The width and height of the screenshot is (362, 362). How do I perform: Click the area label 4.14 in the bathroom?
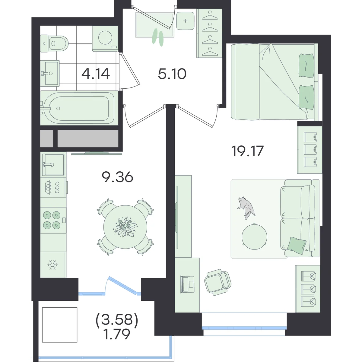click(x=95, y=74)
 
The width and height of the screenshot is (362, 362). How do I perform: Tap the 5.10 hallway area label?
click(x=172, y=74)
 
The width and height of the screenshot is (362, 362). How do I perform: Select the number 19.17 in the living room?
click(x=248, y=151)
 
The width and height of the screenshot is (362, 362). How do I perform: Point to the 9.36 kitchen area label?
click(x=117, y=177)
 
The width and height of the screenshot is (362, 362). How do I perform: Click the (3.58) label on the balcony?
click(x=117, y=320)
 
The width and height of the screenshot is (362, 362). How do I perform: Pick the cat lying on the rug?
click(x=246, y=208)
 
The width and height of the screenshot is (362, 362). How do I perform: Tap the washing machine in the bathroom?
click(x=105, y=39)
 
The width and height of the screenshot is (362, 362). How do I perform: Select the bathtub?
click(x=79, y=108)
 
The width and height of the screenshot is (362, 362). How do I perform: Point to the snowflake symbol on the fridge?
click(x=52, y=265)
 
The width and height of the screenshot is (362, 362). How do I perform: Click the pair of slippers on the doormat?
click(x=158, y=37)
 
